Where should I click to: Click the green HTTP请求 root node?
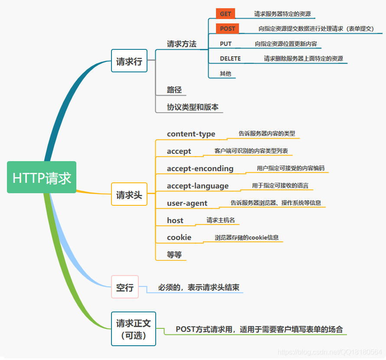tap(42, 177)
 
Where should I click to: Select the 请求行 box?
tap(129, 62)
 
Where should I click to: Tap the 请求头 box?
tap(129, 195)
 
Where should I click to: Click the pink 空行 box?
tap(125, 287)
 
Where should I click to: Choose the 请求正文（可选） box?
tap(134, 329)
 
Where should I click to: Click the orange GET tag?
tap(226, 14)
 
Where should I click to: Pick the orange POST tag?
tap(227, 29)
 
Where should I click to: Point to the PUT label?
tap(226, 44)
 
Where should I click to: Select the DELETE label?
tap(230, 58)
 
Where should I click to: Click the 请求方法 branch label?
tap(182, 44)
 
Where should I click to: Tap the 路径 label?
tap(174, 90)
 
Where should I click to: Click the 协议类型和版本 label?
tap(193, 107)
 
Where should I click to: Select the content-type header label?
tap(191, 134)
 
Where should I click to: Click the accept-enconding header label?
tap(200, 169)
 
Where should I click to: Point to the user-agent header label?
tap(187, 203)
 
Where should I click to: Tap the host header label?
tap(175, 221)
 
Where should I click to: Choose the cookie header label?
tap(179, 237)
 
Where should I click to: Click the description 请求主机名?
tap(221, 220)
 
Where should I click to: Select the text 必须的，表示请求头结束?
tap(199, 287)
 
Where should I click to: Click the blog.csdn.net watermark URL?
tap(330, 353)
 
